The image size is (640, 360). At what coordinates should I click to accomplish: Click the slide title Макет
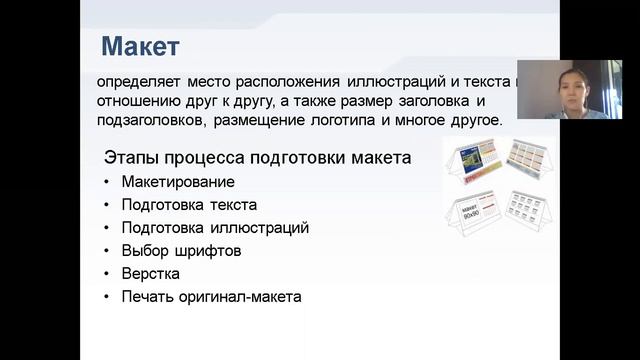click(140, 46)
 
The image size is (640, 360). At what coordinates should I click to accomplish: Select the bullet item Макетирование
click(177, 182)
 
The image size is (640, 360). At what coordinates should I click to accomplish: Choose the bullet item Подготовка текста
click(189, 205)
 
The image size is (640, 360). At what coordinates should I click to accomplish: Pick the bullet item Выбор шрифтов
click(181, 251)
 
